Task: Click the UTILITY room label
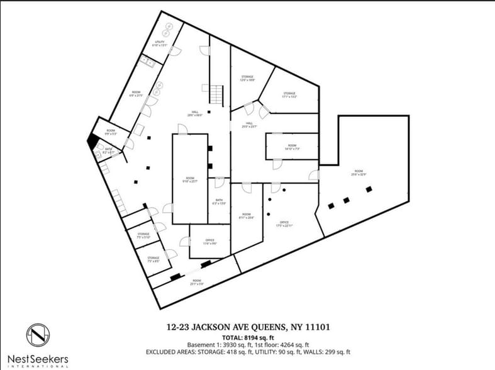coord(160,43)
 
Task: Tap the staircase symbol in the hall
coord(216,95)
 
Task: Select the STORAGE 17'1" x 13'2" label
coord(289,95)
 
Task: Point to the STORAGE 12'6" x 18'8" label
coord(247,78)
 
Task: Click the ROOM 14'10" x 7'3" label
coord(291,147)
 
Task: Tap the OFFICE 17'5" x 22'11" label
coord(284,223)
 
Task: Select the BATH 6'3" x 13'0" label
coord(218,203)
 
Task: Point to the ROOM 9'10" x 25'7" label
coord(190,179)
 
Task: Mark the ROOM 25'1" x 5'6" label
coord(197,282)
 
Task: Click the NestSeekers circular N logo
coord(37,335)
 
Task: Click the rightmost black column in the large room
coord(369,189)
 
